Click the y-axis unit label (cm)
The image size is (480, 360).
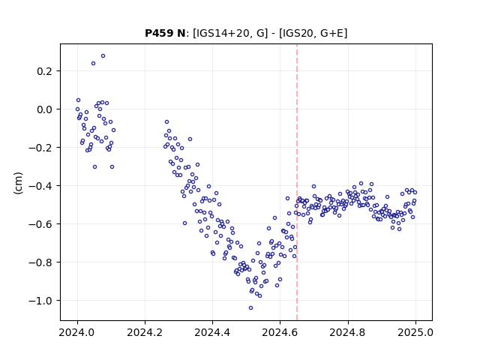[x=18, y=183]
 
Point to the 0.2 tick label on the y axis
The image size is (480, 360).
[x=44, y=71]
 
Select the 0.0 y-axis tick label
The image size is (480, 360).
[x=44, y=109]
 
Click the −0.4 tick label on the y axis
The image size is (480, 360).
[x=40, y=186]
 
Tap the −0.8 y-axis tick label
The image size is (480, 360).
[x=40, y=262]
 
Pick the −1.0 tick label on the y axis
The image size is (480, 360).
[x=40, y=301]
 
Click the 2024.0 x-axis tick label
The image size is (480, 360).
[x=77, y=332]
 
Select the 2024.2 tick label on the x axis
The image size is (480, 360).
[x=145, y=332]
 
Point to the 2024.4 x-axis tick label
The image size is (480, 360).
[x=212, y=332]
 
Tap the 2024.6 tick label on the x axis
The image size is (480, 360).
[x=280, y=332]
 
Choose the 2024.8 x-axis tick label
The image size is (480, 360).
[x=348, y=332]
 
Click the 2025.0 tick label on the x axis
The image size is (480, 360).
[x=415, y=332]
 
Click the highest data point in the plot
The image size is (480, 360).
[x=103, y=56]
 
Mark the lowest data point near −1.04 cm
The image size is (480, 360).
[x=250, y=308]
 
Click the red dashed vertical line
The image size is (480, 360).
[x=297, y=182]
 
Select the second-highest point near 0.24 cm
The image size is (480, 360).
[x=93, y=63]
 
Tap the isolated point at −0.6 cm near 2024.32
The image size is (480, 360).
[x=185, y=223]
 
